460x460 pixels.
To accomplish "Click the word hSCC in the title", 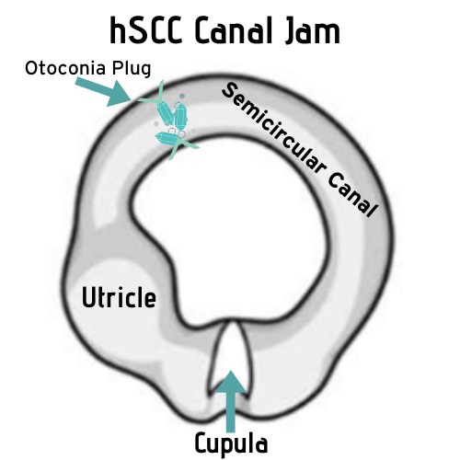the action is [x=146, y=30].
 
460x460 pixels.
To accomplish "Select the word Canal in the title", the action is [x=234, y=30].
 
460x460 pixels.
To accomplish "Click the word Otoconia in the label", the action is [x=65, y=68].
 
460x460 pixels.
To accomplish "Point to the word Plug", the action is [x=132, y=69].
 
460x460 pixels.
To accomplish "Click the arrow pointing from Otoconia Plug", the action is [x=104, y=92].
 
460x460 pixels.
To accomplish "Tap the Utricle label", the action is [x=119, y=296].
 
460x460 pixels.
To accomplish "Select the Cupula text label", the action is [x=231, y=443].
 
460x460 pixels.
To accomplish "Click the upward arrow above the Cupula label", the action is [x=231, y=401].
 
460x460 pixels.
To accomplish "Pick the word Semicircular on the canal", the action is [x=272, y=130].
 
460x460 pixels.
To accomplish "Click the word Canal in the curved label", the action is [x=352, y=194].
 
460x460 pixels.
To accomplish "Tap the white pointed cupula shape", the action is [x=231, y=357].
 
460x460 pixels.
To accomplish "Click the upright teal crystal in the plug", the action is [x=180, y=117].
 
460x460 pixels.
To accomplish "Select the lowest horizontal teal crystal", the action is [x=167, y=139].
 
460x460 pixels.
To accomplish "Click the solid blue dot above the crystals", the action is [x=182, y=96].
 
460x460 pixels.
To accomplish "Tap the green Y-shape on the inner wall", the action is [x=181, y=146].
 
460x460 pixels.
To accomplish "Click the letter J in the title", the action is [x=292, y=30].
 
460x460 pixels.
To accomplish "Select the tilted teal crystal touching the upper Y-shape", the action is [x=165, y=113].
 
